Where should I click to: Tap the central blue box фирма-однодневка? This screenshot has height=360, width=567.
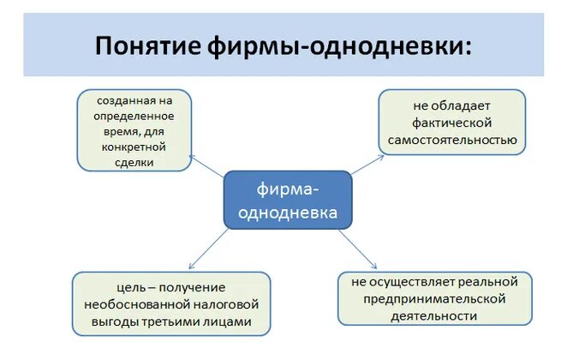(x=287, y=200)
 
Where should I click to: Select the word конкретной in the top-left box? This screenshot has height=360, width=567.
(x=134, y=147)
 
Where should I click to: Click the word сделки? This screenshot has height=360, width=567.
(x=133, y=162)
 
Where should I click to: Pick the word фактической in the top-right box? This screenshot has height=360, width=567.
(x=451, y=122)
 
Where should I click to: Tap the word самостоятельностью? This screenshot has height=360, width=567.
(x=451, y=138)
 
